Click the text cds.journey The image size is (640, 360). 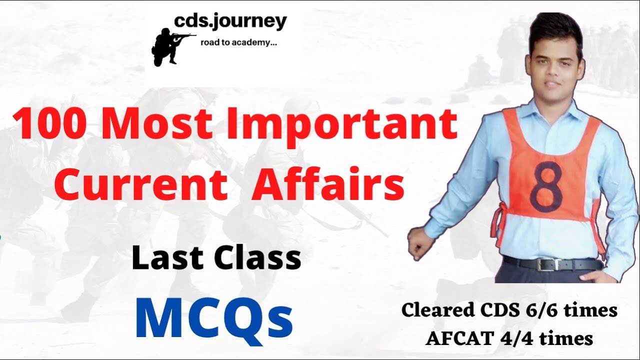click(x=230, y=21)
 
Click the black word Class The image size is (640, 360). click(x=258, y=258)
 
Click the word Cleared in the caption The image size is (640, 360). click(x=435, y=310)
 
